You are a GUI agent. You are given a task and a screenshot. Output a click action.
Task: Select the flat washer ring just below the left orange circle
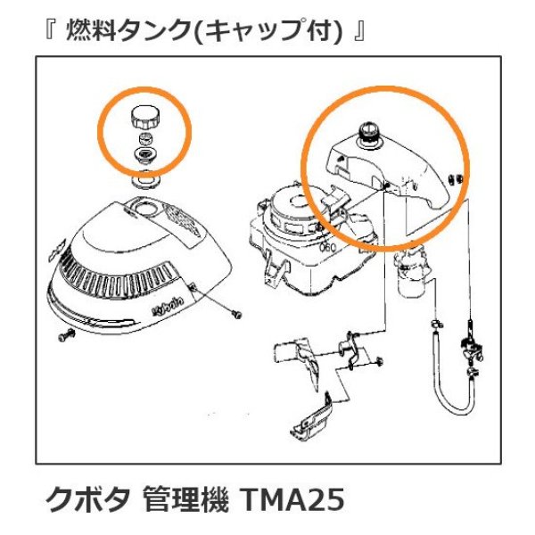point(143,181)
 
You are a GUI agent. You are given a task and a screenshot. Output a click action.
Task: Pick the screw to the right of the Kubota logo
point(234,312)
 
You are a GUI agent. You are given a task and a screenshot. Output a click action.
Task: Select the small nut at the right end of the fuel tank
point(455,178)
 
